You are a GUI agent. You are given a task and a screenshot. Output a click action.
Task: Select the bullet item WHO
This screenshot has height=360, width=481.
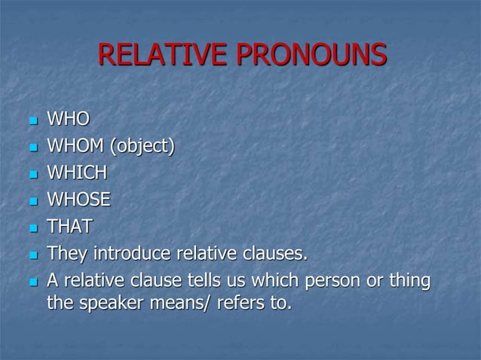click(68, 118)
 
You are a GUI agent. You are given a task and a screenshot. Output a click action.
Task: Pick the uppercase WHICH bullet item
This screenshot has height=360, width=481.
click(77, 172)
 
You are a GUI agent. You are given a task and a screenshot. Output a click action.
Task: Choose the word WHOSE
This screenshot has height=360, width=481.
click(78, 200)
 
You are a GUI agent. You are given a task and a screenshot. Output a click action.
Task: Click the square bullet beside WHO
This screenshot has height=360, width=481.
click(31, 120)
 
